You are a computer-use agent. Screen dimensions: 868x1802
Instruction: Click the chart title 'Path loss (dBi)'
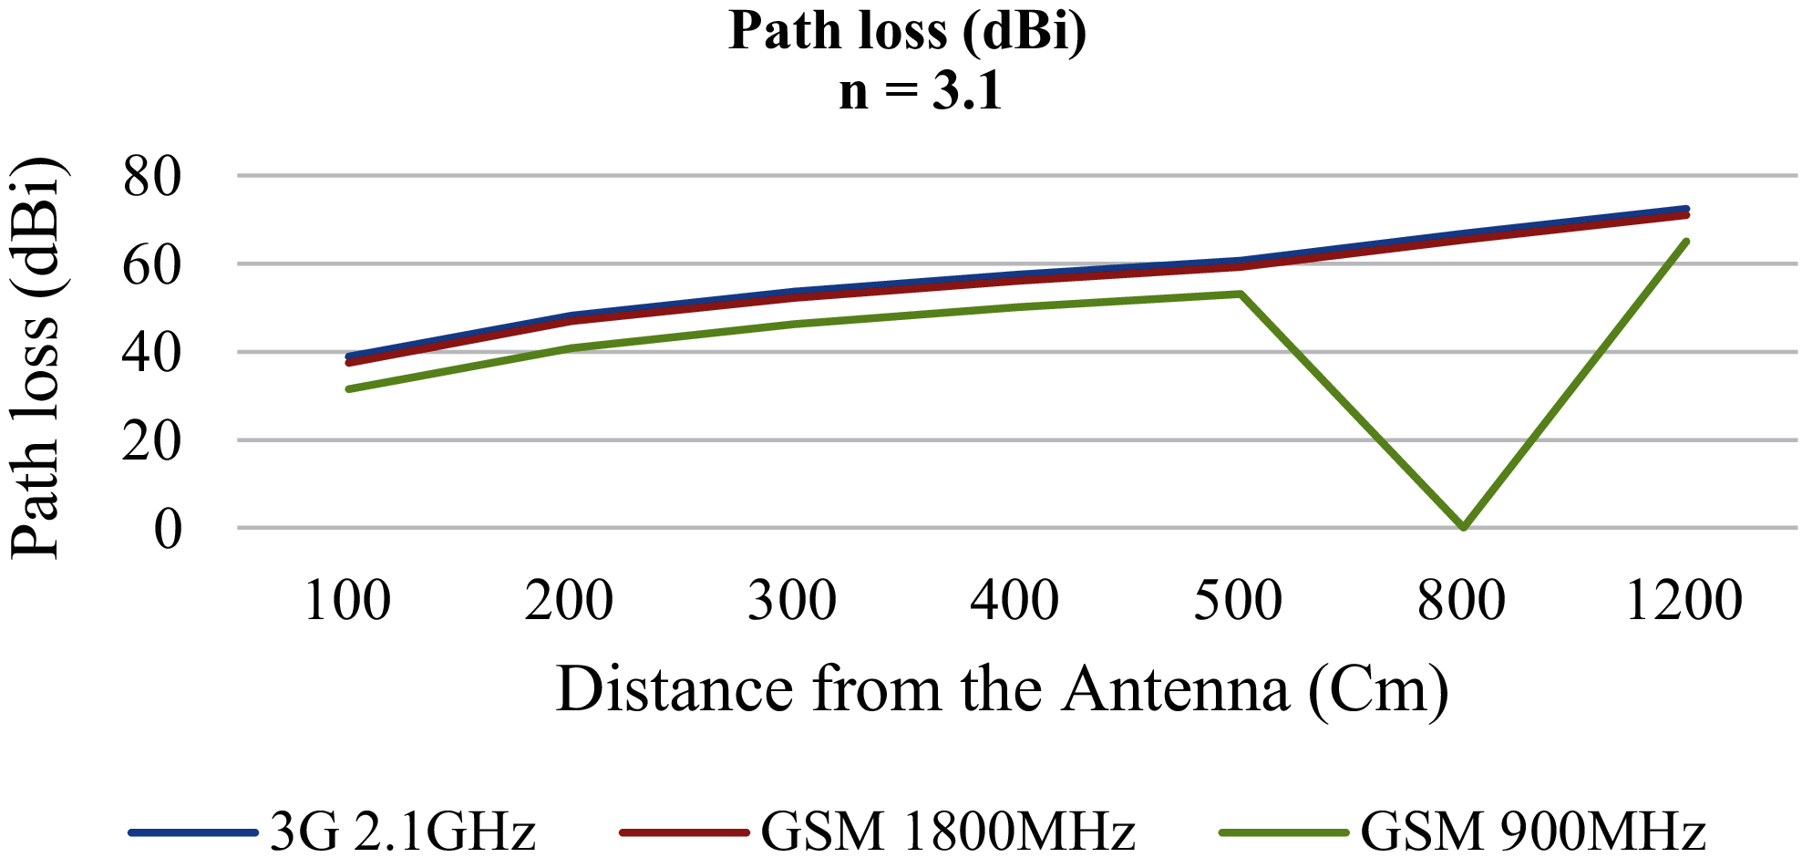(x=907, y=31)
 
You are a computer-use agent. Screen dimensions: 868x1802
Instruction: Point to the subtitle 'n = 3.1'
(x=920, y=91)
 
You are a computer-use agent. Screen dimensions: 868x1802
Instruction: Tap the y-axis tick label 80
(x=152, y=176)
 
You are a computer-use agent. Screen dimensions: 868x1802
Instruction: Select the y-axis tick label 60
(x=152, y=264)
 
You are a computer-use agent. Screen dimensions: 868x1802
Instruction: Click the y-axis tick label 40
(x=152, y=352)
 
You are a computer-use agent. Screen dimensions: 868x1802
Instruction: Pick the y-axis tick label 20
(x=152, y=440)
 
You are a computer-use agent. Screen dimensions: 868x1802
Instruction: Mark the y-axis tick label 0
(x=168, y=529)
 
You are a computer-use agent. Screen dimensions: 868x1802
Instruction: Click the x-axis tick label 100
(x=347, y=600)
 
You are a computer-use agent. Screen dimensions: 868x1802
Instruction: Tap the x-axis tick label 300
(x=792, y=600)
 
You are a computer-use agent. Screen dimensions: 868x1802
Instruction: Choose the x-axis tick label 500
(x=1238, y=600)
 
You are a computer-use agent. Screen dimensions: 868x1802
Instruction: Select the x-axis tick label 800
(x=1461, y=600)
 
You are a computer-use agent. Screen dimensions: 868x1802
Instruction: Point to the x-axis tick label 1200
(x=1684, y=600)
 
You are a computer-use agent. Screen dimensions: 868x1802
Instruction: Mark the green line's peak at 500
(x=1241, y=294)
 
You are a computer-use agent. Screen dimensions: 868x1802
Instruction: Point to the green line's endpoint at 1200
(x=1686, y=242)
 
